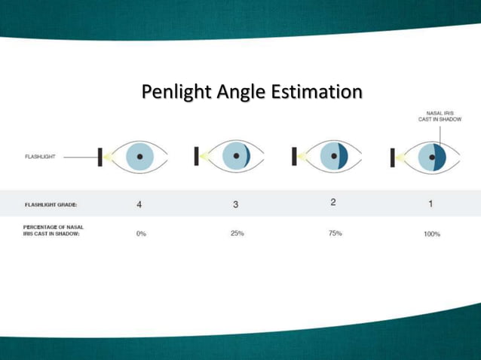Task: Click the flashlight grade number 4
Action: [139, 204]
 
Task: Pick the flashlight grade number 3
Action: [236, 204]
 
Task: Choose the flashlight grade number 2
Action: [332, 202]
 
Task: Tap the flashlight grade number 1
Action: [430, 203]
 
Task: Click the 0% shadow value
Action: [141, 234]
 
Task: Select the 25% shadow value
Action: [237, 233]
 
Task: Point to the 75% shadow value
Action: [335, 233]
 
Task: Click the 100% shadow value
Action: [432, 234]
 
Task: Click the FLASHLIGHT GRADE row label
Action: [51, 204]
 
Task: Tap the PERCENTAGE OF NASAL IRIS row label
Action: [53, 230]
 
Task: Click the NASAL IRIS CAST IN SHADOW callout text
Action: [440, 116]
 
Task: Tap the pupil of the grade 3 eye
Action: [237, 157]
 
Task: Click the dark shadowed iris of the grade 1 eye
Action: [440, 157]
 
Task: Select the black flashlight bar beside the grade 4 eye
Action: [100, 157]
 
